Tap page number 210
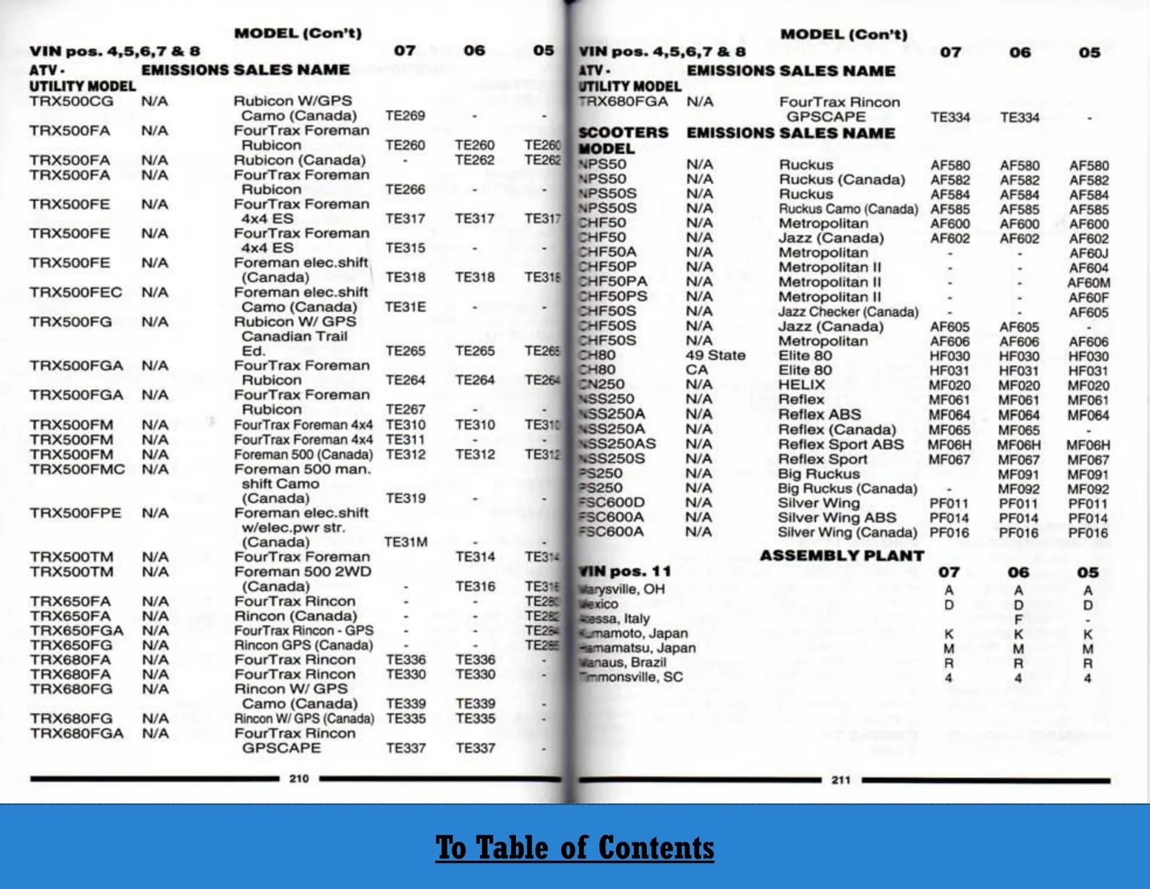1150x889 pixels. pyautogui.click(x=299, y=779)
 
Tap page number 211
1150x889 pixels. pyautogui.click(x=840, y=780)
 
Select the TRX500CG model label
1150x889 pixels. pyautogui.click(x=72, y=101)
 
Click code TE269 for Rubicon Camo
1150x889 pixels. pyautogui.click(x=405, y=116)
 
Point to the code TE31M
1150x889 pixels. pyautogui.click(x=406, y=542)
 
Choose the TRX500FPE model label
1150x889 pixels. pyautogui.click(x=76, y=513)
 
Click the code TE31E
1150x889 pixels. pyautogui.click(x=405, y=307)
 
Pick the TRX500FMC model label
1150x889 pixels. pyautogui.click(x=77, y=469)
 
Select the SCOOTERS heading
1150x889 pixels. pyautogui.click(x=624, y=133)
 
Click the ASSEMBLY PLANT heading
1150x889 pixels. pyautogui.click(x=842, y=556)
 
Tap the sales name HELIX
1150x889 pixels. pyautogui.click(x=801, y=384)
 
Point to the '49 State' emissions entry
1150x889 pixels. pyautogui.click(x=715, y=355)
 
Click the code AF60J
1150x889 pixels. pyautogui.click(x=1089, y=253)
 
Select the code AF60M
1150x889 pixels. pyautogui.click(x=1089, y=283)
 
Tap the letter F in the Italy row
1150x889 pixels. pyautogui.click(x=1018, y=619)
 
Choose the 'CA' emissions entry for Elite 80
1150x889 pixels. pyautogui.click(x=697, y=370)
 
